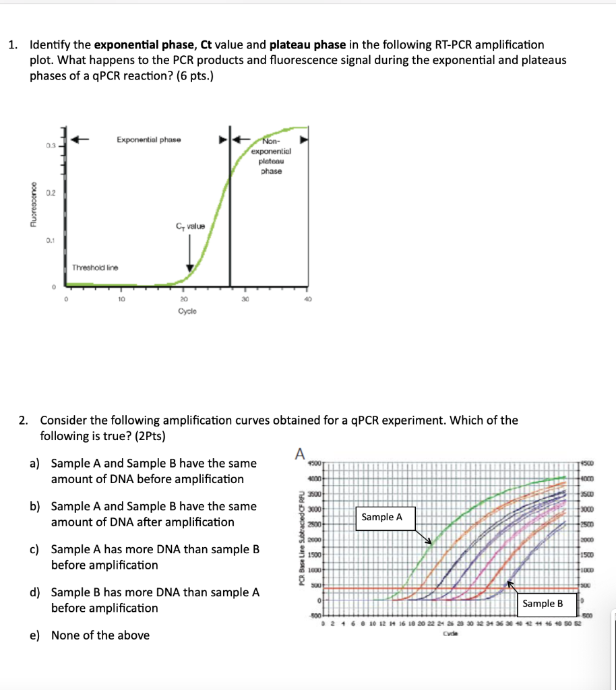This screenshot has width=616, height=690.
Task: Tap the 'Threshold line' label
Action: click(x=95, y=268)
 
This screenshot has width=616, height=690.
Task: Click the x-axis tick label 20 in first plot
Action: click(x=183, y=299)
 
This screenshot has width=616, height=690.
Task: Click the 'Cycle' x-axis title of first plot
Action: click(x=187, y=311)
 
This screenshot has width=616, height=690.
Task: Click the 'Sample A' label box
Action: click(x=381, y=517)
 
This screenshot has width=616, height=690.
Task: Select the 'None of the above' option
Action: click(x=100, y=635)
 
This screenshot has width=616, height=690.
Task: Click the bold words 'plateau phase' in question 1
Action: click(x=308, y=45)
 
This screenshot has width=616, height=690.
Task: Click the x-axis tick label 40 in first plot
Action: click(x=307, y=299)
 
